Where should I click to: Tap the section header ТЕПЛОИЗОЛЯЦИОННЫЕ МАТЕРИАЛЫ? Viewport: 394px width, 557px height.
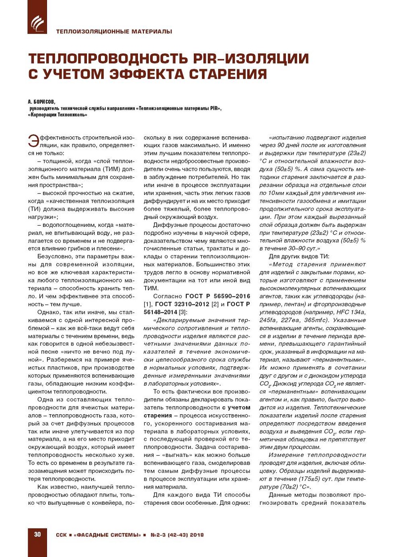coord(114,31)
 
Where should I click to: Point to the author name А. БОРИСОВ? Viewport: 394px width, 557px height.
coord(41,102)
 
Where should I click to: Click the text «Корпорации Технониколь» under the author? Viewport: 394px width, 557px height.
coord(57,115)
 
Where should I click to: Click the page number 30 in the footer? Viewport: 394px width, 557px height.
coord(37,534)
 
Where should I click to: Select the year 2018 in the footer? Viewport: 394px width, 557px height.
coord(197,535)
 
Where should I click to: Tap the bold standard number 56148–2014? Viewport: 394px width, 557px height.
coord(160,312)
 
